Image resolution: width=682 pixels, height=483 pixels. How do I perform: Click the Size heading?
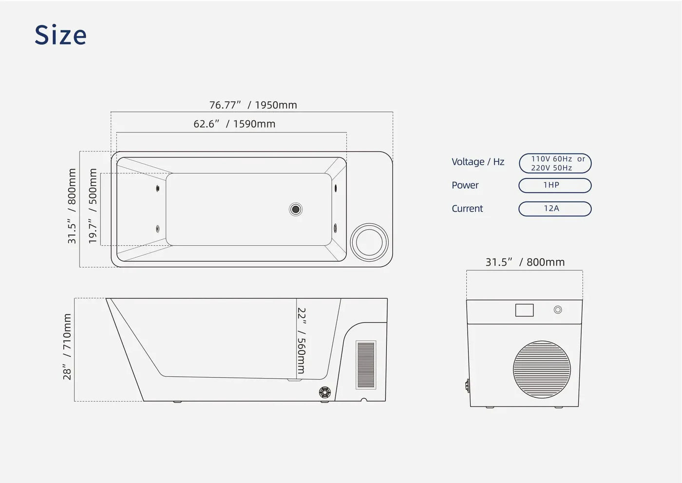pos(60,35)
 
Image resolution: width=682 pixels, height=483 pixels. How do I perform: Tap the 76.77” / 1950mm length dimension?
pos(253,105)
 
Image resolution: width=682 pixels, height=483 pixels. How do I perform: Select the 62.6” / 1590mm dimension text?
pos(234,124)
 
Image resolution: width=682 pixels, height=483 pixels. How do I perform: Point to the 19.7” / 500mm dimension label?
pos(93,206)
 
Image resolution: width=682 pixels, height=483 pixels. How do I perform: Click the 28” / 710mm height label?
pos(67,347)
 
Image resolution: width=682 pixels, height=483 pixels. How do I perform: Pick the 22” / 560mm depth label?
pos(301,341)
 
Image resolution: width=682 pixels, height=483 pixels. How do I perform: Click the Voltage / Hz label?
pos(478,162)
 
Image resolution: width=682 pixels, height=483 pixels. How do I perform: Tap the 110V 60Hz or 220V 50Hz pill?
pos(555,163)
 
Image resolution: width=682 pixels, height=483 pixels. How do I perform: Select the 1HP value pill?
pos(555,186)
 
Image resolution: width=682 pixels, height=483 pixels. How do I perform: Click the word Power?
pos(465,185)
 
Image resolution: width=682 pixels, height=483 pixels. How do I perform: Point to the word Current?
pos(467,209)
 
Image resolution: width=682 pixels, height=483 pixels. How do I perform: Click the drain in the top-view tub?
pos(295,209)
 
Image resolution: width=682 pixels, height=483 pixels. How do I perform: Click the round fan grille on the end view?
pos(542,369)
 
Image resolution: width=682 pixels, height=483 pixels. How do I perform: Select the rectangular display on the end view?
pos(524,310)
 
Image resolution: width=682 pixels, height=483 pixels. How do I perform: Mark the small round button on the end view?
pos(558,309)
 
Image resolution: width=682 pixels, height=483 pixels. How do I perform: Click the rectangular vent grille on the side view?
pos(366,365)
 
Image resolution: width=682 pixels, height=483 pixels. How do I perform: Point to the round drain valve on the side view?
pos(325,392)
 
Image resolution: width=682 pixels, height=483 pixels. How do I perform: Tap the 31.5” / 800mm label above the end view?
pos(525,262)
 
